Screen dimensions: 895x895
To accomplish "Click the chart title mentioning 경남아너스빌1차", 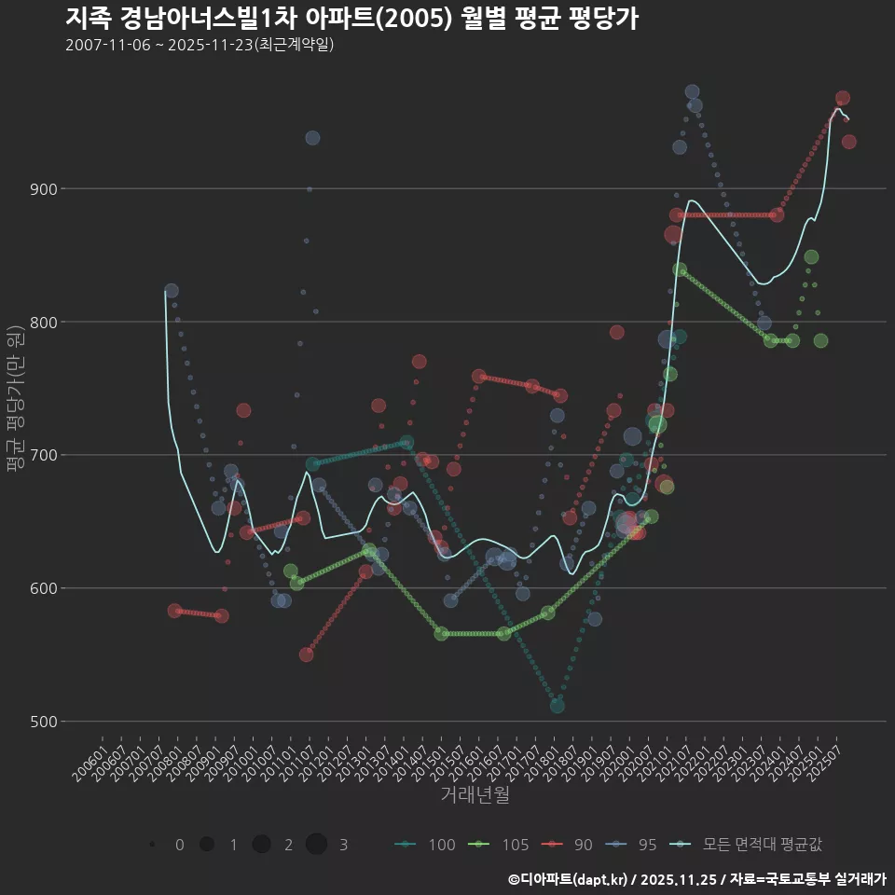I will point(351,19).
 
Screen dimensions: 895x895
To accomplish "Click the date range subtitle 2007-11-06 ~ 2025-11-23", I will point(200,45).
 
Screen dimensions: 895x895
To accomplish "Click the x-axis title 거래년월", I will point(475,795).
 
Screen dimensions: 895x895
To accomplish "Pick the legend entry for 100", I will point(426,845).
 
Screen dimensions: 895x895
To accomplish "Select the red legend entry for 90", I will point(571,845).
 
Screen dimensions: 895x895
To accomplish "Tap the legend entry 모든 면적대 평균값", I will point(750,845).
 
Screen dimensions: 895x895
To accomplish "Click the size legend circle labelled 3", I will point(316,845).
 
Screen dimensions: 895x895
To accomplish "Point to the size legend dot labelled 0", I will point(151,845).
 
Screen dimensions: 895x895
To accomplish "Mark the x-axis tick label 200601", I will point(91,759).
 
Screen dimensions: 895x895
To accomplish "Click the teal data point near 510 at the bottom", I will point(557,706).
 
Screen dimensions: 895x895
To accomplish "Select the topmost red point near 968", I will point(842,98).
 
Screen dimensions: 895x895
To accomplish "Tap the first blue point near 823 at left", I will point(171,291).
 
